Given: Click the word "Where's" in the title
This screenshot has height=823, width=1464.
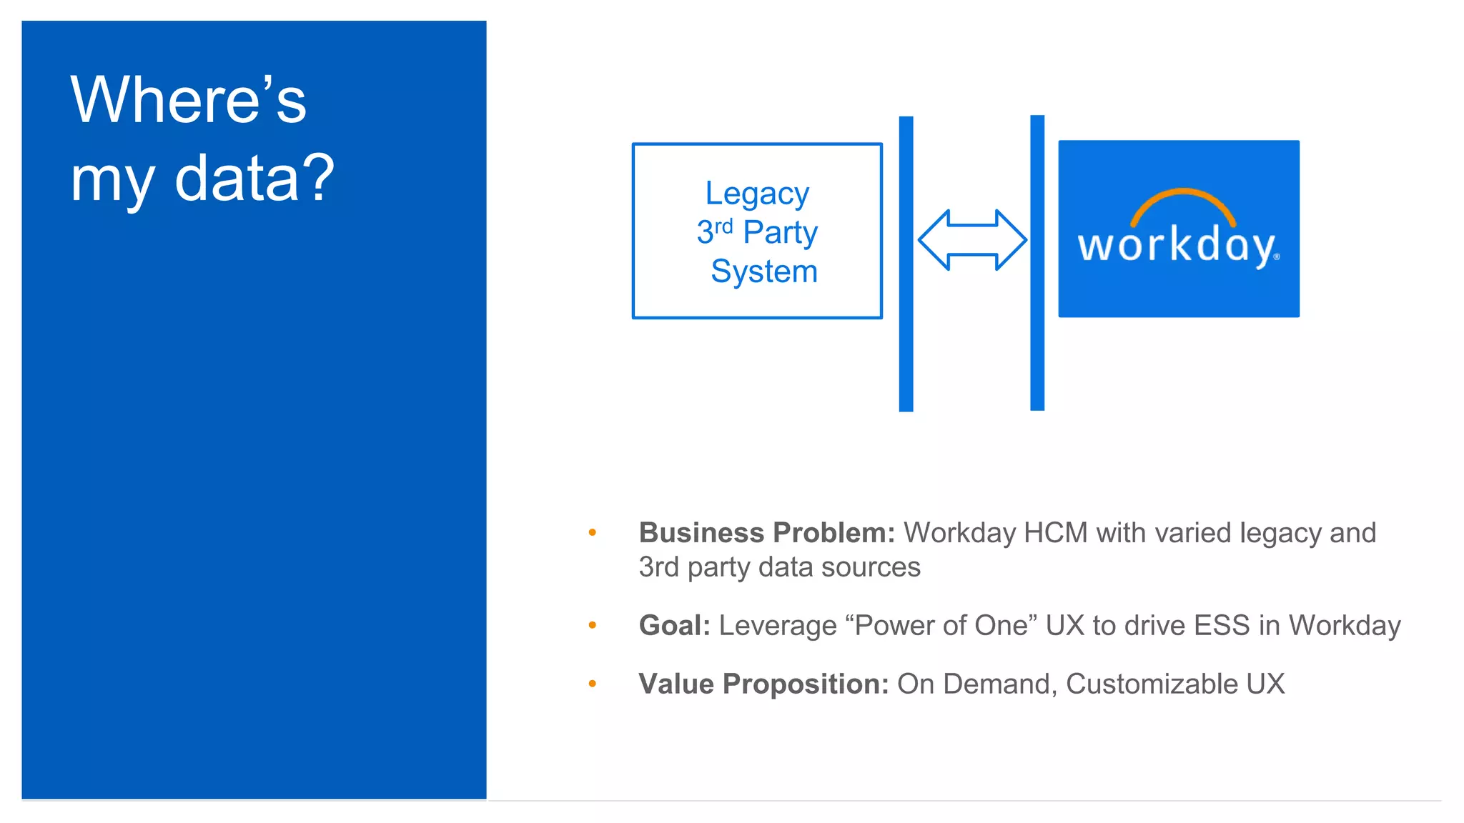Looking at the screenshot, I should pos(188,100).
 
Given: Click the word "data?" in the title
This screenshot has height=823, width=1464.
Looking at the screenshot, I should pos(254,178).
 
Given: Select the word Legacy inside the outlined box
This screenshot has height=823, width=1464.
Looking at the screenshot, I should pos(757,194).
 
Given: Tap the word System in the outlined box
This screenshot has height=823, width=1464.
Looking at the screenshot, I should pos(763,271).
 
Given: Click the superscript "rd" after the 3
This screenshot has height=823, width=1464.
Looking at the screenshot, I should pos(723,226).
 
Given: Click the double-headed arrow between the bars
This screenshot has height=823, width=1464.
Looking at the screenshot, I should pos(972,240).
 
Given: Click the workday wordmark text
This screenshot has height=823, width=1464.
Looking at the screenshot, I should pos(1177,246).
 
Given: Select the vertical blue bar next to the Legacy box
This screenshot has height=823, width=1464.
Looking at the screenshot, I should pos(906,264).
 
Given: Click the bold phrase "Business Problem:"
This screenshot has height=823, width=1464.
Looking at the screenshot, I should pos(766,533).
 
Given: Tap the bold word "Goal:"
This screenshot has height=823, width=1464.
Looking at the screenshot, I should pos(674,625).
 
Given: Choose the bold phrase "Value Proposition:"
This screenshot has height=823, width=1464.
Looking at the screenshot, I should pos(763,684).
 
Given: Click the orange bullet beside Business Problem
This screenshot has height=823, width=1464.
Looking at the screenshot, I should pos(592,532).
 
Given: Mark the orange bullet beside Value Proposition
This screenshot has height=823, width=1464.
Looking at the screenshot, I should pos(592,684).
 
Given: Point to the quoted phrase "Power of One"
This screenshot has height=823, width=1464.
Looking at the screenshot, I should pos(941,625).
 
